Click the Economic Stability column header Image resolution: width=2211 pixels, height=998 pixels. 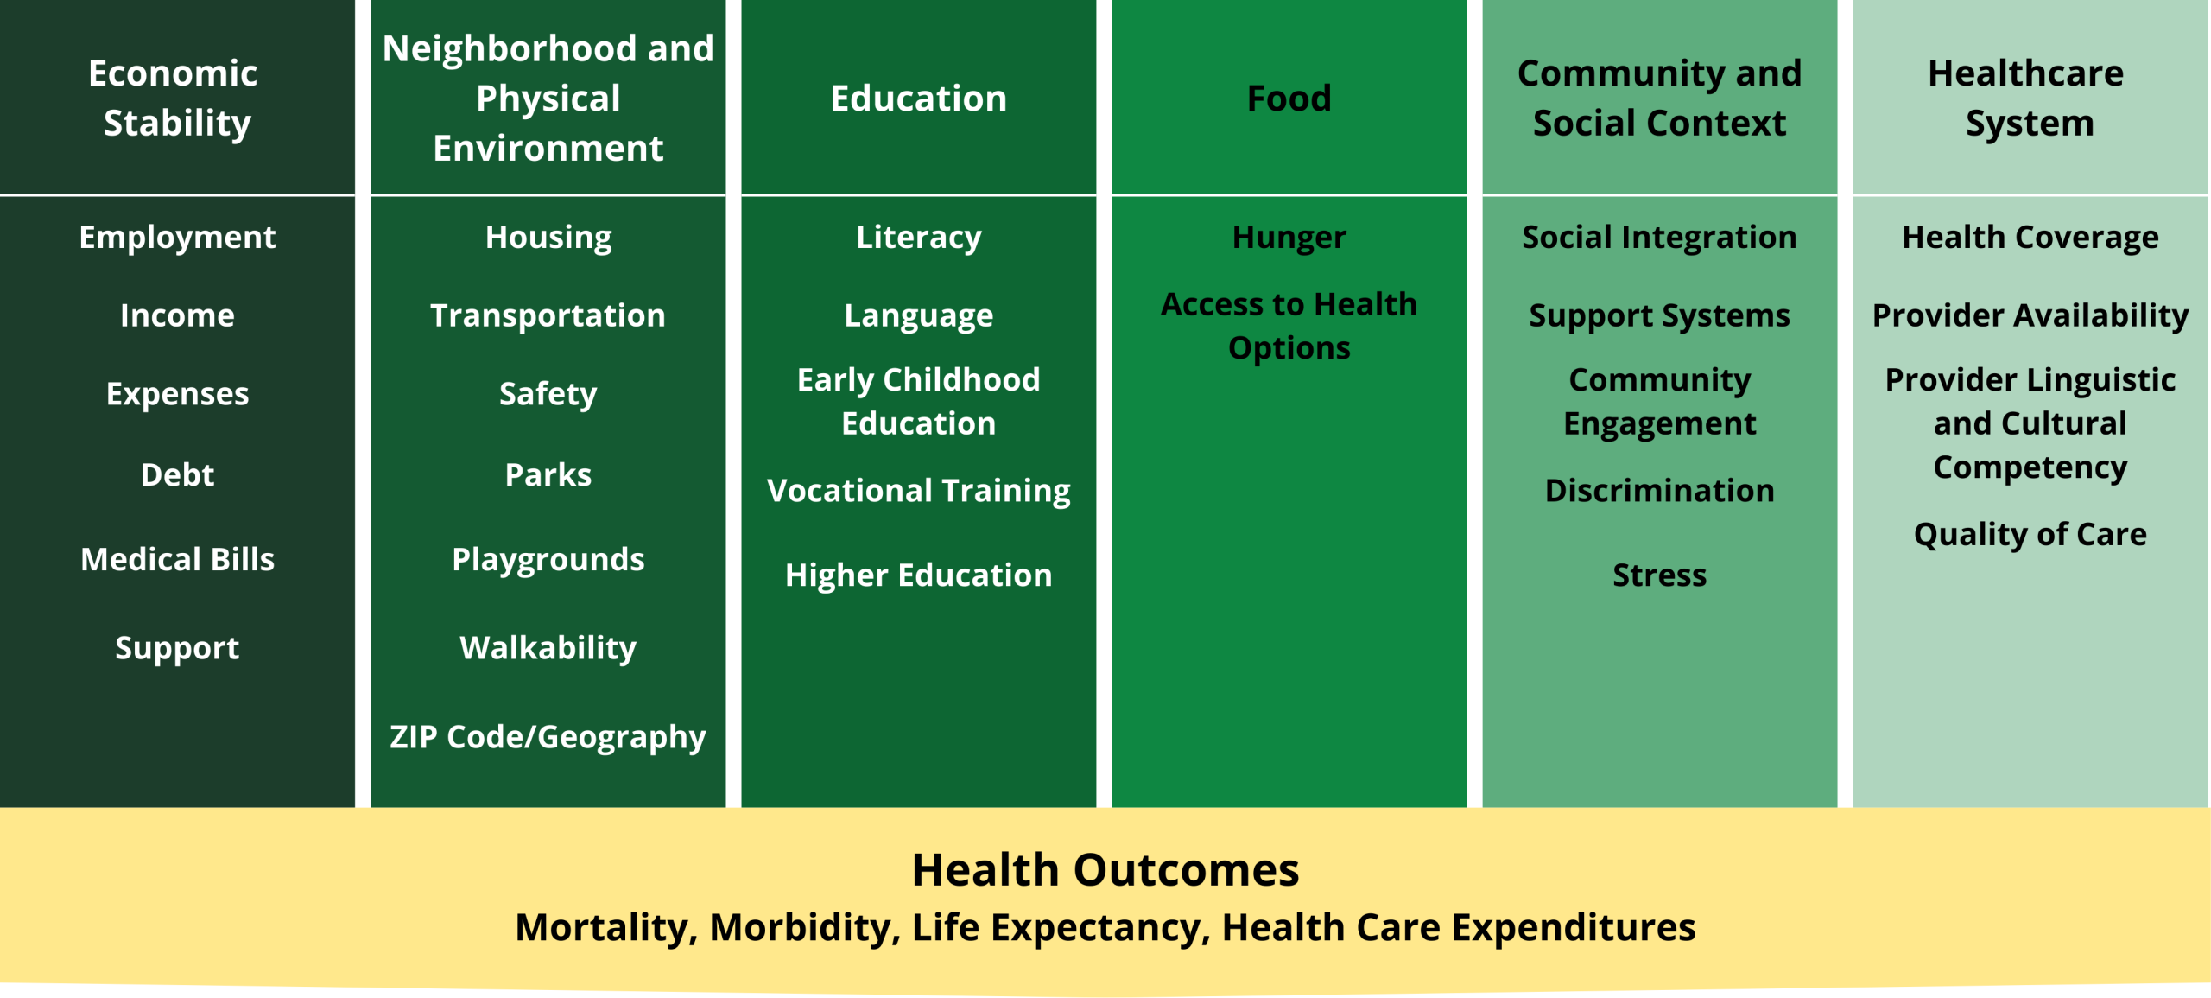(x=177, y=98)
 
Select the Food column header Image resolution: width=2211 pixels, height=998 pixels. (x=1289, y=99)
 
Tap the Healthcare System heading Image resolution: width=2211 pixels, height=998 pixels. (x=2030, y=98)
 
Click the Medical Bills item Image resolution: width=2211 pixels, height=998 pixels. (x=177, y=559)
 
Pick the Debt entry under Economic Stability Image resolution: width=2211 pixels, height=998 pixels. (x=177, y=474)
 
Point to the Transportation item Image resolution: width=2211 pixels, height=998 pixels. (x=548, y=315)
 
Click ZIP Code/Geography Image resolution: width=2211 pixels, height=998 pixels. (x=548, y=737)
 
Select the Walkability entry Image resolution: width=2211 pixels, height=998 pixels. (x=548, y=648)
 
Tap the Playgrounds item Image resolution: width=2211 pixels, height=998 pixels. (x=548, y=560)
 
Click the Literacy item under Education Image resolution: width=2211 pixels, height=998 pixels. (x=918, y=238)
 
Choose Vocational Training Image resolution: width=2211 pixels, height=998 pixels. (x=918, y=491)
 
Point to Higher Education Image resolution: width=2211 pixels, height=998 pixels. (x=918, y=575)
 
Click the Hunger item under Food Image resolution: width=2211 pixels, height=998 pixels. (x=1289, y=238)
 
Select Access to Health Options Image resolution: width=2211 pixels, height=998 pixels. (x=1289, y=327)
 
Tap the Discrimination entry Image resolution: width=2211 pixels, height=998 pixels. (x=1659, y=490)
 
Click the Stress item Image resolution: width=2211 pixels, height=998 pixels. (x=1659, y=575)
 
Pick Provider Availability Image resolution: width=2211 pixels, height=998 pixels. (x=2030, y=315)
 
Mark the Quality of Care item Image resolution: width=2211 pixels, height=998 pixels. (x=2030, y=534)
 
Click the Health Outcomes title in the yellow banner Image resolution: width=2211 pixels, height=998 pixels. (x=1105, y=869)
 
